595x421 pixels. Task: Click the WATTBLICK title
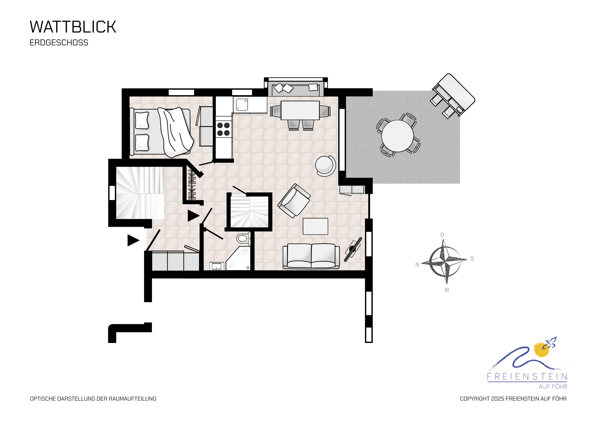pyautogui.click(x=73, y=27)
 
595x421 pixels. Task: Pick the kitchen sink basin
pyautogui.click(x=242, y=105)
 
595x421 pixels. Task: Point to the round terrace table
pyautogui.click(x=397, y=136)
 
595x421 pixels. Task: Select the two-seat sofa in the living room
pyautogui.click(x=311, y=256)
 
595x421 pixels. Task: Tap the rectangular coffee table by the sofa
pyautogui.click(x=315, y=226)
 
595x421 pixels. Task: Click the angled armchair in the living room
pyautogui.click(x=294, y=201)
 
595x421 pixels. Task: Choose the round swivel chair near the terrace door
pyautogui.click(x=325, y=166)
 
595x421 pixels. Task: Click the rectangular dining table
pyautogui.click(x=300, y=110)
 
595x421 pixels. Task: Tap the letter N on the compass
pyautogui.click(x=417, y=265)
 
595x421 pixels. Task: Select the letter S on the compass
pyautogui.click(x=472, y=258)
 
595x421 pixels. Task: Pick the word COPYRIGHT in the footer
pyautogui.click(x=475, y=399)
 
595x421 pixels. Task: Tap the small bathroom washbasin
pyautogui.click(x=217, y=266)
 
